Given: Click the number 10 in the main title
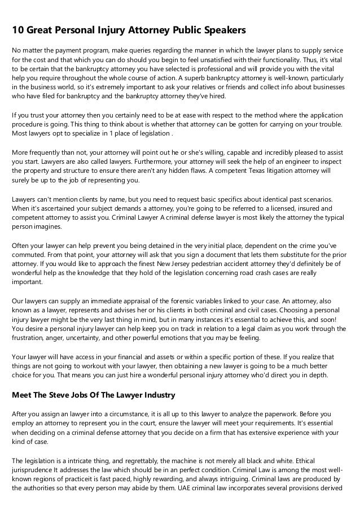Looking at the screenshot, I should pos(18,28).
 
